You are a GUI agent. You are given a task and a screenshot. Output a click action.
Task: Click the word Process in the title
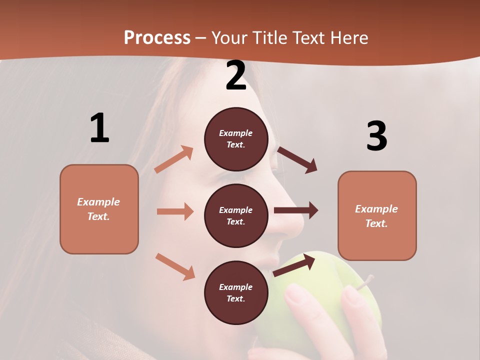(157, 38)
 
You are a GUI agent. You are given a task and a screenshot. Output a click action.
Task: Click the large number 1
(99, 128)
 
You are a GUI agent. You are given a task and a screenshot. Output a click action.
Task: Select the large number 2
(236, 75)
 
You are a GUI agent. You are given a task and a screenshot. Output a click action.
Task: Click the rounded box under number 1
(99, 209)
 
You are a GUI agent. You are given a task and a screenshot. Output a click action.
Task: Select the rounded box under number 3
(377, 215)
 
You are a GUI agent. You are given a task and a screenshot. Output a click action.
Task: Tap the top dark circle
(236, 139)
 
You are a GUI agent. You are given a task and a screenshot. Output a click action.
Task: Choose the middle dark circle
(236, 215)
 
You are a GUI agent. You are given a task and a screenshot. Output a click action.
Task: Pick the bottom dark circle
(236, 292)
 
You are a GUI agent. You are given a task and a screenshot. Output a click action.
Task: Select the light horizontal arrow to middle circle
(175, 211)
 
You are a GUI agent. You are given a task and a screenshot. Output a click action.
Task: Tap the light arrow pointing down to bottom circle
(175, 266)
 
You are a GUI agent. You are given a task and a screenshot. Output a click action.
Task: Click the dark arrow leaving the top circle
(297, 160)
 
